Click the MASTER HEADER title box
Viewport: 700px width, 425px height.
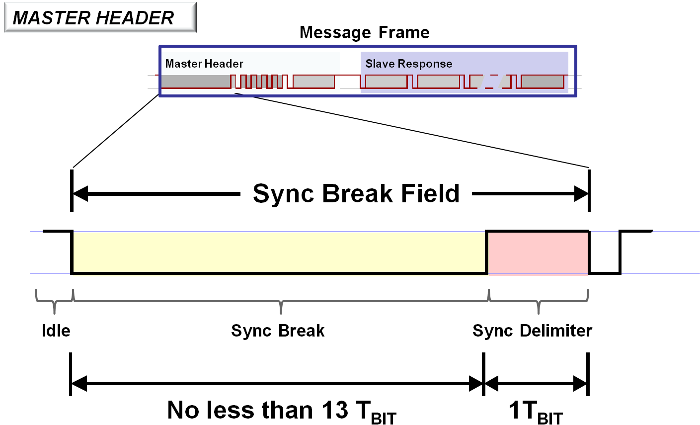pyautogui.click(x=100, y=18)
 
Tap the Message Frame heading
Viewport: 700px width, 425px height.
pyautogui.click(x=365, y=33)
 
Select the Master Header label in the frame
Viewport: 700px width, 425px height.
pyautogui.click(x=204, y=64)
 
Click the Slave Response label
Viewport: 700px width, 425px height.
pyautogui.click(x=409, y=64)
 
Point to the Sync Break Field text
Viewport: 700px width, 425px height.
pyautogui.click(x=356, y=193)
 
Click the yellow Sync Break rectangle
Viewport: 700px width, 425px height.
pyautogui.click(x=279, y=252)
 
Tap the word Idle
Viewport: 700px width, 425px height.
pyautogui.click(x=56, y=331)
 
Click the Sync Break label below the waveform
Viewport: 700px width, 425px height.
pyautogui.click(x=278, y=331)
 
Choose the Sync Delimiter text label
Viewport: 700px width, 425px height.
pyautogui.click(x=532, y=331)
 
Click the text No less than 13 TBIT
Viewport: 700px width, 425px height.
pyautogui.click(x=282, y=411)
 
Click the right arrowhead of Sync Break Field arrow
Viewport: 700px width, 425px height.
pyautogui.click(x=581, y=194)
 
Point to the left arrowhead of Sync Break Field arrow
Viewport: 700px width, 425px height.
pyautogui.click(x=80, y=194)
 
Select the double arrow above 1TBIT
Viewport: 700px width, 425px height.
pyautogui.click(x=536, y=383)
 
